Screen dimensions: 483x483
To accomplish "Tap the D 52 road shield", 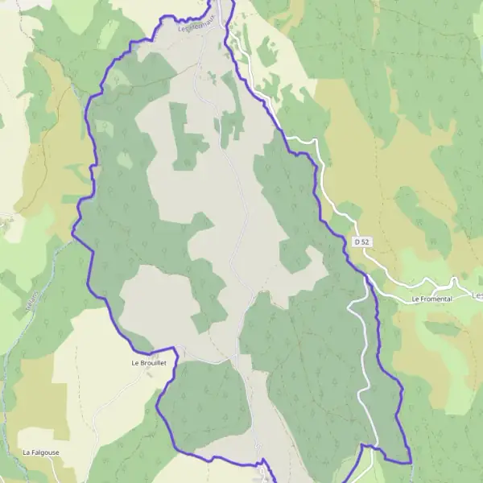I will pyautogui.click(x=361, y=242).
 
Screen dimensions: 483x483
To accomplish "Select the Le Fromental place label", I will pyautogui.click(x=431, y=299).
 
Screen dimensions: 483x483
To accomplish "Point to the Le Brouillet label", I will pyautogui.click(x=148, y=363).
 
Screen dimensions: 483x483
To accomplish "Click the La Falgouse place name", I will pyautogui.click(x=41, y=452).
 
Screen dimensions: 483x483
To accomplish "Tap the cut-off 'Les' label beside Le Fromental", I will pyautogui.click(x=477, y=295).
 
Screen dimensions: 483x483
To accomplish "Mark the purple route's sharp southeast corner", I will pyautogui.click(x=410, y=462).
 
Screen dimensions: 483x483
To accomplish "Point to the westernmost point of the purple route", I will pyautogui.click(x=72, y=234).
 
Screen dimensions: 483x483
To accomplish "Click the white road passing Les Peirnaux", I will pyautogui.click(x=229, y=32).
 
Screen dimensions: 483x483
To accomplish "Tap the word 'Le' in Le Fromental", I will pyautogui.click(x=416, y=299).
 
